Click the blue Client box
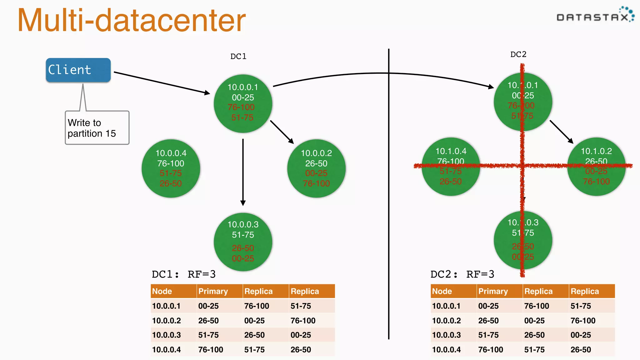(x=78, y=70)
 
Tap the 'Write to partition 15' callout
(x=97, y=128)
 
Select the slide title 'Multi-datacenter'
(x=132, y=20)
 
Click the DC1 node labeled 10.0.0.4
(x=171, y=168)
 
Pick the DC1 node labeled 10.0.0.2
(x=316, y=168)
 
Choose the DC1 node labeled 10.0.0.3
(x=243, y=242)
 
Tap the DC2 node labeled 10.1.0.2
(x=596, y=167)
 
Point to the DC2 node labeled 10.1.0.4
(x=451, y=167)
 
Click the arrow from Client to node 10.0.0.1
(x=162, y=82)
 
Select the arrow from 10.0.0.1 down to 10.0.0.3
(x=243, y=172)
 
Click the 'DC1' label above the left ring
(x=238, y=57)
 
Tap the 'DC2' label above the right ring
(x=518, y=55)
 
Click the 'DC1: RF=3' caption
(x=184, y=274)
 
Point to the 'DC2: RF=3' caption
(x=462, y=274)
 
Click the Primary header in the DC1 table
(x=213, y=291)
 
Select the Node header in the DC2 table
(x=442, y=291)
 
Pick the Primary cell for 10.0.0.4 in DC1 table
(x=211, y=350)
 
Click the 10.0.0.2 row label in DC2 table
(x=446, y=321)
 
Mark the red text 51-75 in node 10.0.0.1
(x=242, y=118)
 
